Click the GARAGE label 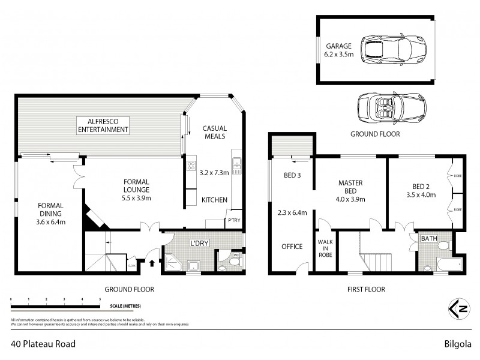pyautogui.click(x=338, y=45)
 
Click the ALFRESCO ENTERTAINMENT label pyautogui.click(x=100, y=125)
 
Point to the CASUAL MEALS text pyautogui.click(x=214, y=132)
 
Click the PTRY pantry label pyautogui.click(x=233, y=221)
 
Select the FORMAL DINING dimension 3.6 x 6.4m pyautogui.click(x=50, y=222)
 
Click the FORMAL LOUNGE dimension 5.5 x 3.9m pyautogui.click(x=137, y=197)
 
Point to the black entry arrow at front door pyautogui.click(x=151, y=262)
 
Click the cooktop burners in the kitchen pyautogui.click(x=192, y=166)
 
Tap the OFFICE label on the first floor pyautogui.click(x=292, y=246)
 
